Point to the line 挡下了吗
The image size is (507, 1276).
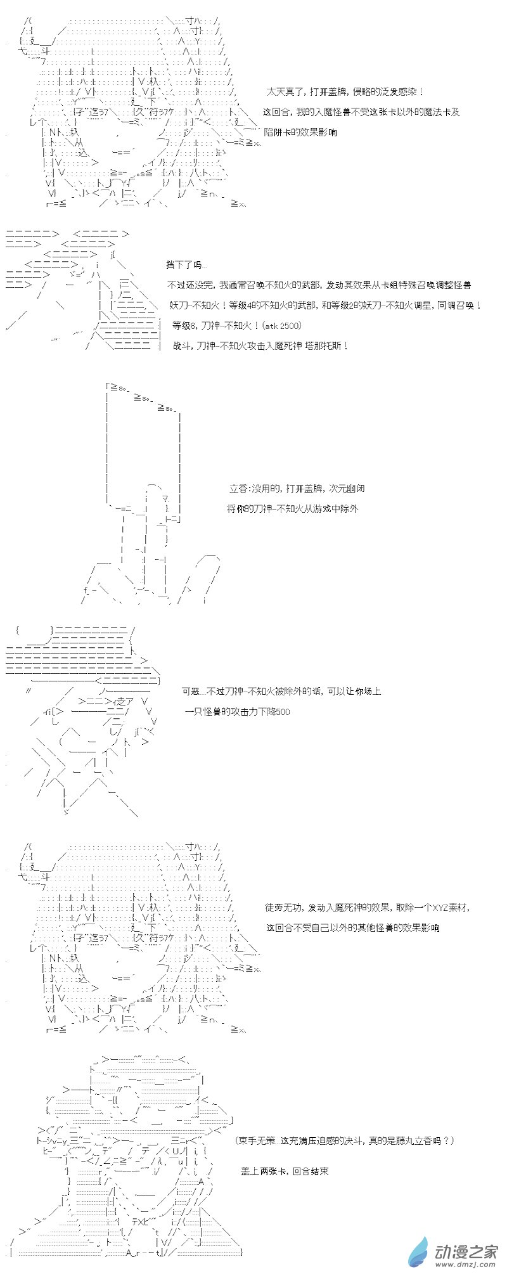(186, 264)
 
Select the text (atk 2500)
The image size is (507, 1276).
(281, 325)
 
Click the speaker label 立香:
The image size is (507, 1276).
(240, 488)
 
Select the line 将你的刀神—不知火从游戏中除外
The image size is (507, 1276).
(292, 508)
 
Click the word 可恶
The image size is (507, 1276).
(191, 691)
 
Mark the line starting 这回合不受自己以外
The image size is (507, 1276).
(352, 928)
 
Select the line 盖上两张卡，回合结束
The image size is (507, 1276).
(285, 1171)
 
